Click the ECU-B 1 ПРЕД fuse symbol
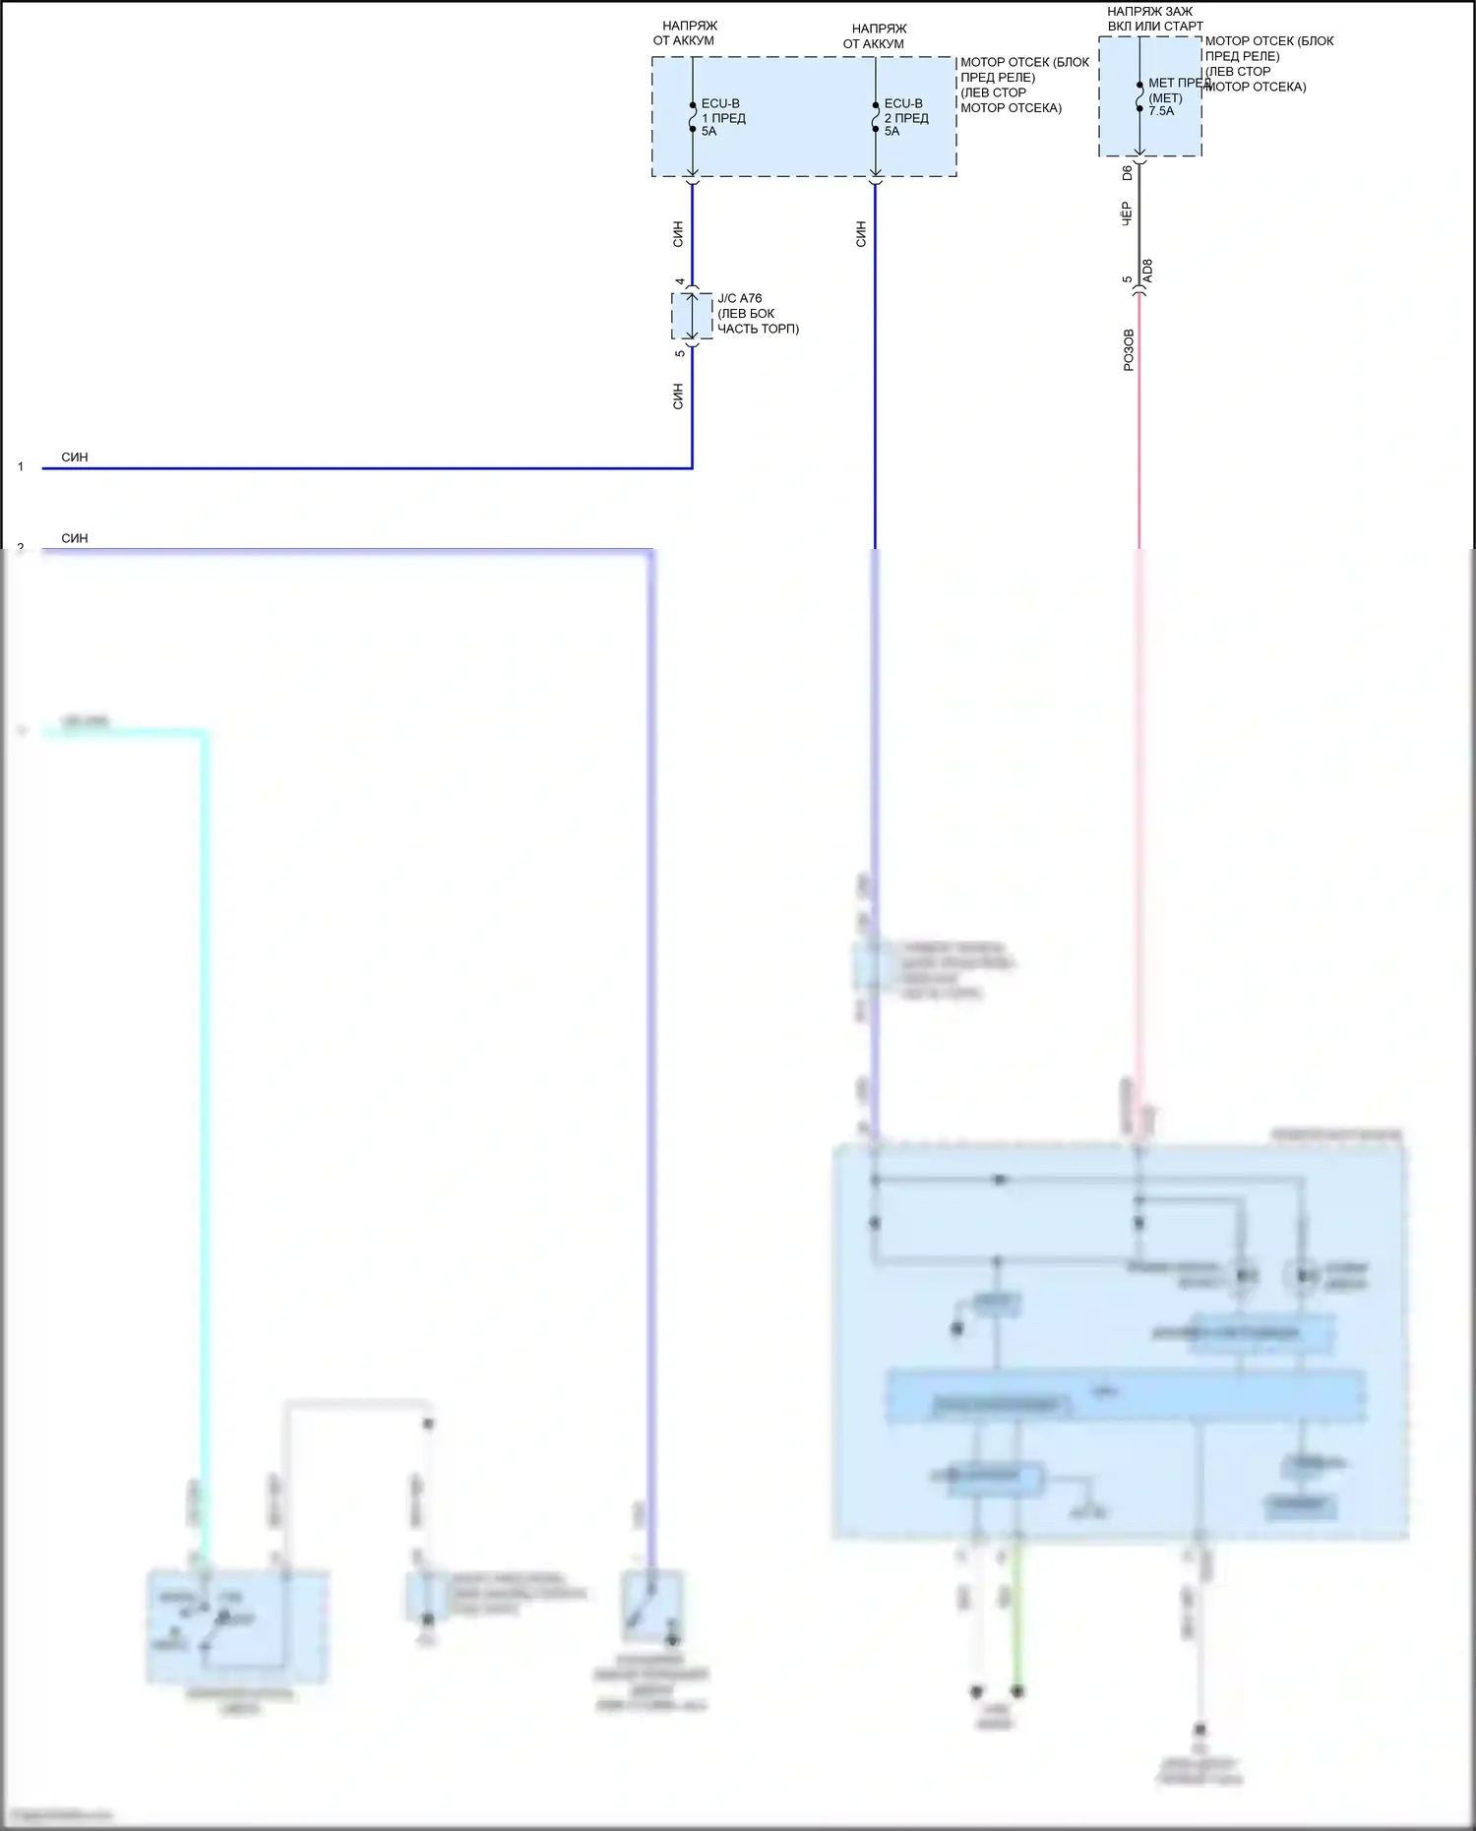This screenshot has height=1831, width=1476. (693, 117)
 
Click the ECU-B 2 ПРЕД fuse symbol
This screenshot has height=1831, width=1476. (876, 117)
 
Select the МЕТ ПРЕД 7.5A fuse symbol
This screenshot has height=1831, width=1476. (1139, 96)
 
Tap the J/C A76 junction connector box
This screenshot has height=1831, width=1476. (692, 316)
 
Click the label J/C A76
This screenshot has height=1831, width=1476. (739, 298)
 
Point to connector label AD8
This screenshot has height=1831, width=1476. (1147, 272)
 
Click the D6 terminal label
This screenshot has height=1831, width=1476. (1128, 173)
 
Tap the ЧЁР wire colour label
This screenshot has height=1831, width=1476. (1128, 214)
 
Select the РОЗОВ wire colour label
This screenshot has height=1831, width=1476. (1129, 349)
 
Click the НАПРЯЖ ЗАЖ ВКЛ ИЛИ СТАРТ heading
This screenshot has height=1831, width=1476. (1154, 19)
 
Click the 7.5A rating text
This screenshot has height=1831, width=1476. (1161, 111)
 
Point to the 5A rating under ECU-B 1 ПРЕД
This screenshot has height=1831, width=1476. (708, 131)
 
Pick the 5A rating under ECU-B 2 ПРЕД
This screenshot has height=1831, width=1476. (892, 131)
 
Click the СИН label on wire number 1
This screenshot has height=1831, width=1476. (75, 458)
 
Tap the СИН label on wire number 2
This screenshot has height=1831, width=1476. (75, 538)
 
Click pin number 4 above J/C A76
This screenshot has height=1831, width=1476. (679, 282)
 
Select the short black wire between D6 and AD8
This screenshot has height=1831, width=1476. (1139, 221)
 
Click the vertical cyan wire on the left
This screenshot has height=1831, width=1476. (206, 1082)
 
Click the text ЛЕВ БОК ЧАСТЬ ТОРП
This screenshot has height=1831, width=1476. (758, 321)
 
